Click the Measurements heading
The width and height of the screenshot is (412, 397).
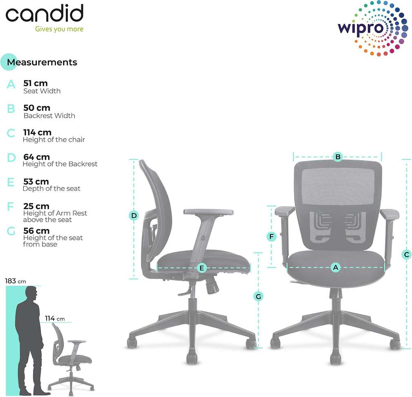pyautogui.click(x=42, y=62)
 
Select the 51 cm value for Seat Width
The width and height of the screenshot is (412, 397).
pyautogui.click(x=36, y=83)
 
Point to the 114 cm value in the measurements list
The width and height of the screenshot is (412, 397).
pyautogui.click(x=38, y=132)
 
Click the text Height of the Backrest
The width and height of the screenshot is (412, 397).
pyautogui.click(x=60, y=164)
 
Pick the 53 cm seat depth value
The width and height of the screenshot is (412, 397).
pyautogui.click(x=36, y=181)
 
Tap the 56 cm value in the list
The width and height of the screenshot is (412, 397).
pyautogui.click(x=36, y=231)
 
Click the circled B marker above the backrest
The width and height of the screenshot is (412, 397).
pyautogui.click(x=338, y=156)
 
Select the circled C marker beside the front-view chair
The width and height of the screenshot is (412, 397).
pyautogui.click(x=406, y=254)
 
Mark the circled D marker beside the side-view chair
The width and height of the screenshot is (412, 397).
pyautogui.click(x=134, y=215)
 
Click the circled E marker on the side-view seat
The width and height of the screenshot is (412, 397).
pyautogui.click(x=202, y=268)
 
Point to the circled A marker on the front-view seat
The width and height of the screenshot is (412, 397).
pyautogui.click(x=336, y=268)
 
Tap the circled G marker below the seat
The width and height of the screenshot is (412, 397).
pyautogui.click(x=258, y=296)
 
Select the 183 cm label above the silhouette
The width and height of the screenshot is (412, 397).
pyautogui.click(x=16, y=281)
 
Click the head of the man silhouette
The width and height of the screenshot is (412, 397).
pyautogui.click(x=32, y=293)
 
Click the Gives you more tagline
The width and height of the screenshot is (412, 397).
pyautogui.click(x=59, y=29)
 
